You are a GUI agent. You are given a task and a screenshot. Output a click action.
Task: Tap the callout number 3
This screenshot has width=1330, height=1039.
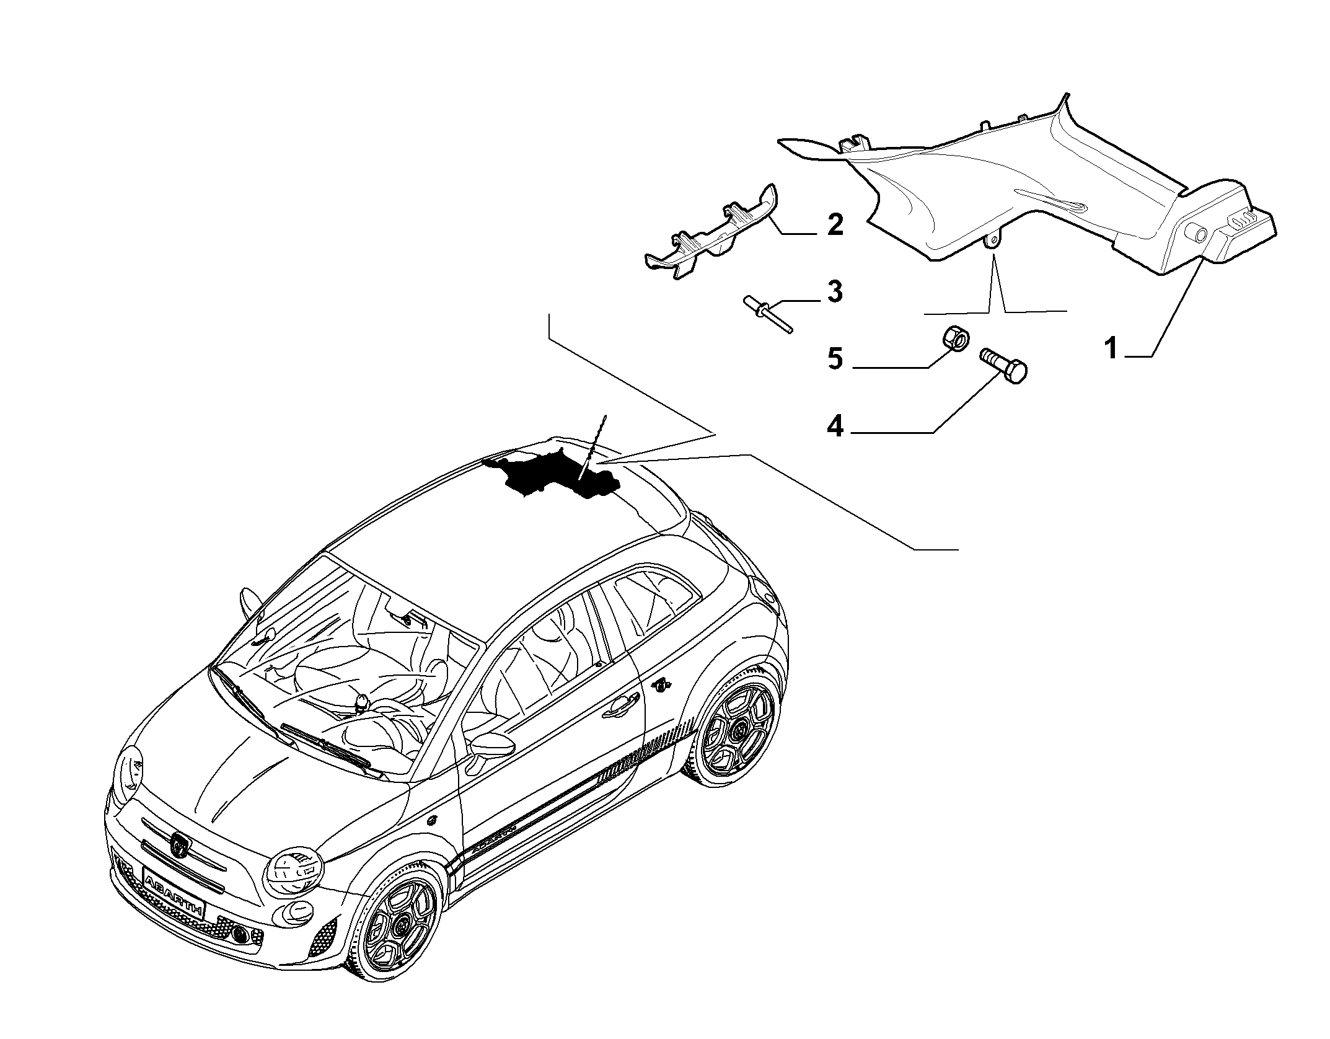tap(835, 291)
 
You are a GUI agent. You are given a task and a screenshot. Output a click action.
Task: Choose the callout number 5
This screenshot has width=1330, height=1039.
tap(835, 359)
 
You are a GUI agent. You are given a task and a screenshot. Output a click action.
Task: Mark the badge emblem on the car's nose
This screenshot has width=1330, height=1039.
tap(180, 844)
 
